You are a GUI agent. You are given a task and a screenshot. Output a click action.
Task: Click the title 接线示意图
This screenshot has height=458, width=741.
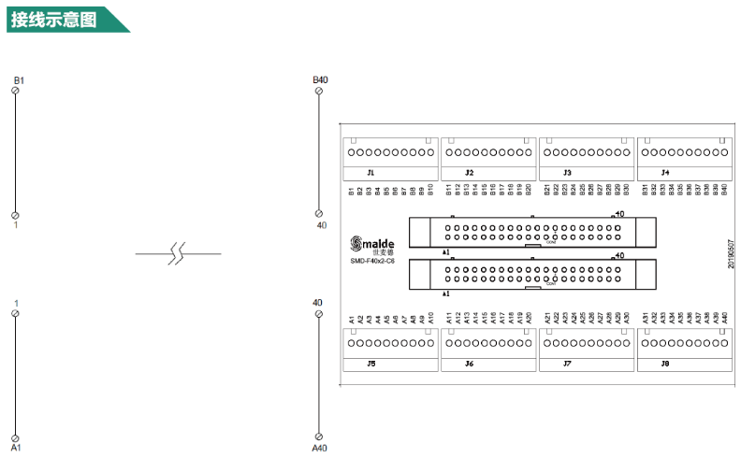pos(54,19)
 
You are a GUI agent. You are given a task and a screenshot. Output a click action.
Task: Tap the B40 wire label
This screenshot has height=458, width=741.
pos(320,80)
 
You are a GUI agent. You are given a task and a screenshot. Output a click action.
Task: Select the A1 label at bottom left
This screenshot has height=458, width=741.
pos(16,449)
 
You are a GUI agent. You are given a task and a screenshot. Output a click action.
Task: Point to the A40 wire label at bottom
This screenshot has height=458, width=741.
pos(319,449)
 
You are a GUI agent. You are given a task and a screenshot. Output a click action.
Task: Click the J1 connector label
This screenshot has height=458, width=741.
pos(370,173)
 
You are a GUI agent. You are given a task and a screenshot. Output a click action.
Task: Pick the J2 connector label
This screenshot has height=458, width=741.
pos(470,173)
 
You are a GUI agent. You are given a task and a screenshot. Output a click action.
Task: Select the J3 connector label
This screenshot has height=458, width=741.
pos(567,173)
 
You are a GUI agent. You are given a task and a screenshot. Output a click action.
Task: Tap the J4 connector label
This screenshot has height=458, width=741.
pos(665,173)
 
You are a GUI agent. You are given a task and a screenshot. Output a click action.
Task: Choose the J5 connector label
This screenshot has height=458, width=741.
pos(371,363)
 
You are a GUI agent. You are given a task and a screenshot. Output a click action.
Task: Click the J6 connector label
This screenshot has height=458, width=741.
pos(470,363)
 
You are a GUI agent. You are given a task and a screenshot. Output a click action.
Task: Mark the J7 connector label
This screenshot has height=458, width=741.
pos(567,363)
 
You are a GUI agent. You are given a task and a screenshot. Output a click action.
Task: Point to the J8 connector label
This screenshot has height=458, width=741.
pos(665,363)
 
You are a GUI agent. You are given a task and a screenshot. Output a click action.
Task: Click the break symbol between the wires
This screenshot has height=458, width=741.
pos(178,253)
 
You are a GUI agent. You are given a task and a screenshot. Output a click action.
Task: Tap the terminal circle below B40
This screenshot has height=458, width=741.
pos(318,215)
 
